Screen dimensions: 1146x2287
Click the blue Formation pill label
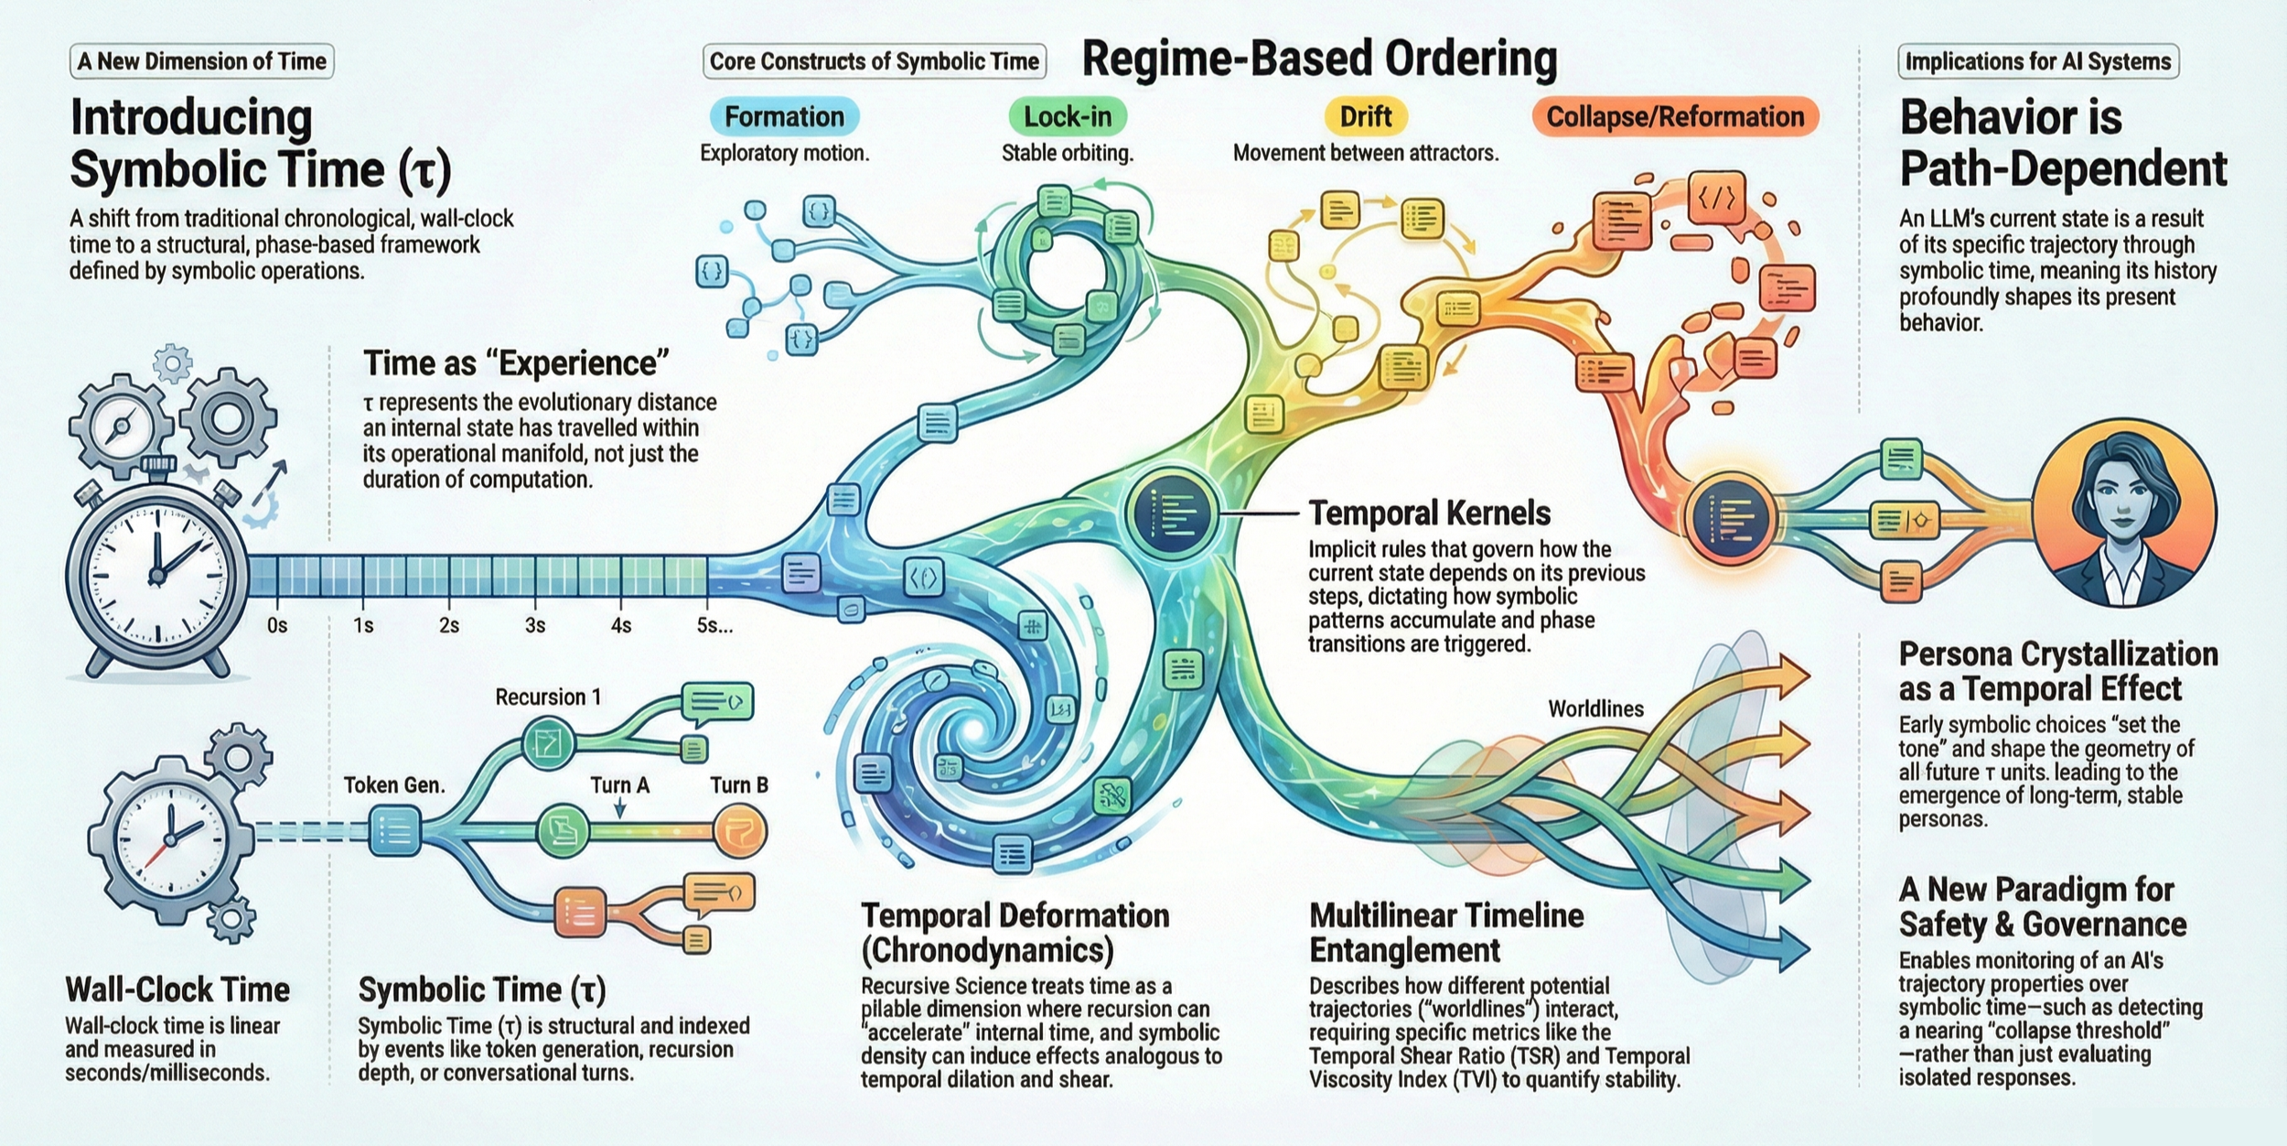click(x=784, y=117)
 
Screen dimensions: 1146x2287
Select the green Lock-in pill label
click(x=1068, y=117)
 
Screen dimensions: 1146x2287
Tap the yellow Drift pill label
click(x=1365, y=117)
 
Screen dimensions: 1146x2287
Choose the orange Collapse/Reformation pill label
click(x=1675, y=117)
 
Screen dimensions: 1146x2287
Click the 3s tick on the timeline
click(x=535, y=625)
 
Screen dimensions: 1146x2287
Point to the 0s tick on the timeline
click(x=277, y=625)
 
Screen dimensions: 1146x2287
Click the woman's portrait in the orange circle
click(x=2124, y=513)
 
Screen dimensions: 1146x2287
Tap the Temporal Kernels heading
click(x=1429, y=514)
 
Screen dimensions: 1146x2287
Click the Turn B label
click(x=739, y=785)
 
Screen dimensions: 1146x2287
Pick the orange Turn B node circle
click(x=739, y=831)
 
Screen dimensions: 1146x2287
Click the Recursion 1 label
click(x=548, y=697)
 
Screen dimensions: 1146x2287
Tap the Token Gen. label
click(x=394, y=785)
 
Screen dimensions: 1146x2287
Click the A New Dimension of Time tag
click(x=201, y=61)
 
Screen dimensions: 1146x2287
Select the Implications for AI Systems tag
click(x=2037, y=61)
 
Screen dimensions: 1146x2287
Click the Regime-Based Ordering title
click(x=1319, y=59)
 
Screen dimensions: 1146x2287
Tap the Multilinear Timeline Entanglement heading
click(x=1445, y=932)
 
